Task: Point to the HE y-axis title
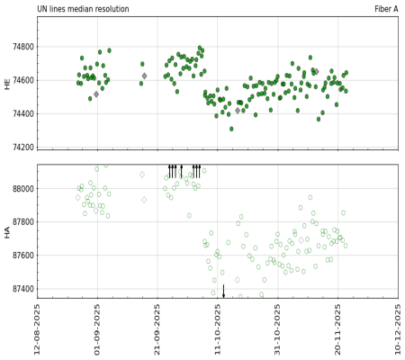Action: (x=7, y=83)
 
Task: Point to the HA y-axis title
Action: (x=7, y=231)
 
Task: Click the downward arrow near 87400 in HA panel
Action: (x=224, y=292)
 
